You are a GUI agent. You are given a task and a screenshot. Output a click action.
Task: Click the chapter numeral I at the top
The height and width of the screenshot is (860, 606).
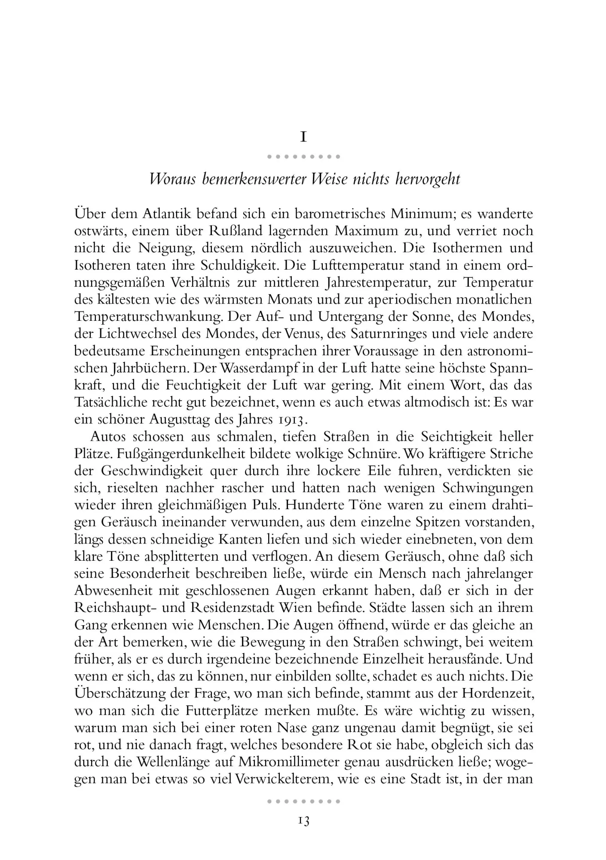[x=303, y=137]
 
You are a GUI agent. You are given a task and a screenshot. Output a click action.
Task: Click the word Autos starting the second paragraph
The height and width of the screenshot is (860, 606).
[x=107, y=437]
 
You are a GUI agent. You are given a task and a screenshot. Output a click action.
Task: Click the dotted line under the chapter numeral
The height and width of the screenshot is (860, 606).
[x=303, y=157]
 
